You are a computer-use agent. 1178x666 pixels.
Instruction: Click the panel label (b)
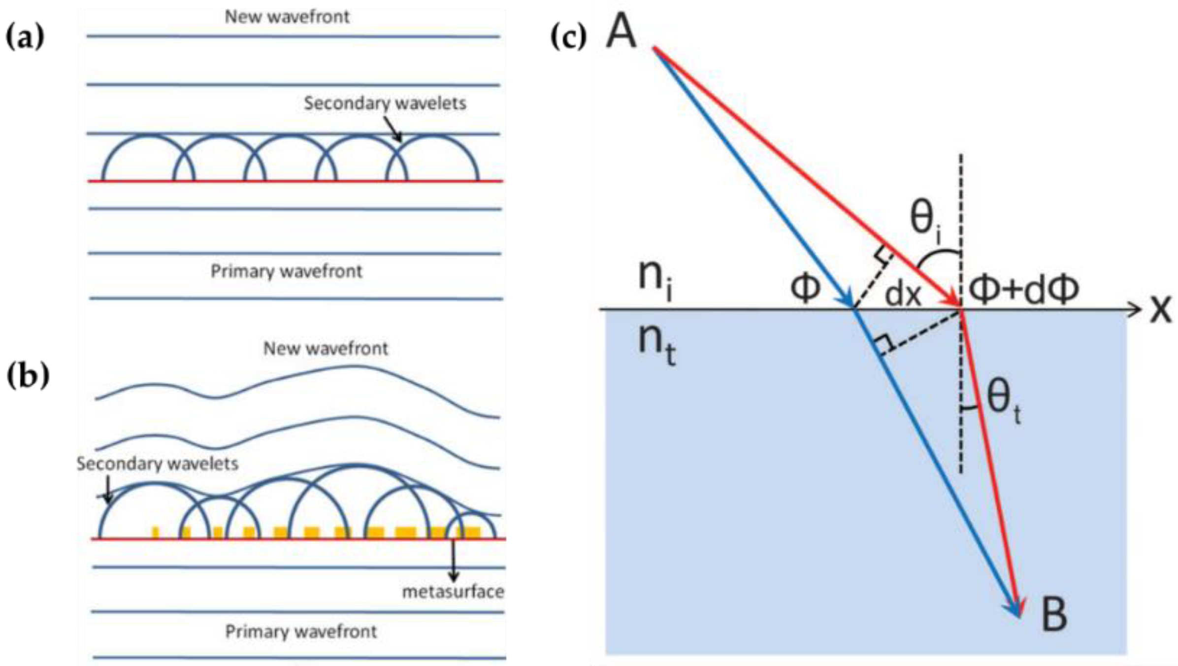(28, 376)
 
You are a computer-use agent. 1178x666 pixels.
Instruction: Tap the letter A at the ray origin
(621, 32)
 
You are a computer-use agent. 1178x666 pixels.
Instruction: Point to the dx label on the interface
(903, 295)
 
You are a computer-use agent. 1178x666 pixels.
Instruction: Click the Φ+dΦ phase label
(1024, 290)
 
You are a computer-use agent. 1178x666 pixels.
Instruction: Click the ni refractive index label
(655, 277)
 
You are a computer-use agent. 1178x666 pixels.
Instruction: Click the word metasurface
(453, 592)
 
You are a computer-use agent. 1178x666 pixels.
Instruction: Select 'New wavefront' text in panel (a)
(287, 17)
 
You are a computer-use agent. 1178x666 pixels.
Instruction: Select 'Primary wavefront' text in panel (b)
(301, 632)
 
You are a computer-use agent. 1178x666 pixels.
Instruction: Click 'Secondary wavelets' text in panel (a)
(385, 103)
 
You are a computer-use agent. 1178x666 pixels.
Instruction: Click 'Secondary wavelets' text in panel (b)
(157, 464)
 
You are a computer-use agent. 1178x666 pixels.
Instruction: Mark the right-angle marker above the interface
(882, 255)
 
